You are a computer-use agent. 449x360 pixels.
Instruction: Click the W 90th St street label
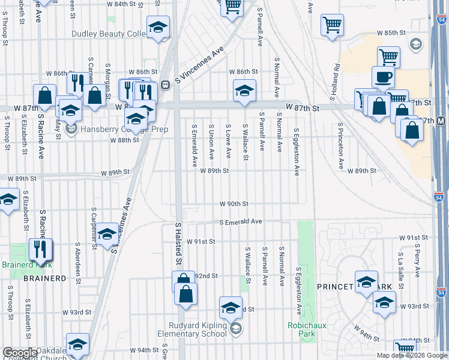tap(234, 204)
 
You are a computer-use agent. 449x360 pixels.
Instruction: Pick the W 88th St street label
tap(124, 140)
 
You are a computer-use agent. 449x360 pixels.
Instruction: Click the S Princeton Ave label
tap(340, 146)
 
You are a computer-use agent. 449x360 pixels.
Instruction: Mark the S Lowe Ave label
tap(229, 142)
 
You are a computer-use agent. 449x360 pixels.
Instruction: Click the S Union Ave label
tap(211, 142)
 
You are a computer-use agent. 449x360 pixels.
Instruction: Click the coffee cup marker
tap(384, 77)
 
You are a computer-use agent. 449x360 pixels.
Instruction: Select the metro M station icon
tap(441, 121)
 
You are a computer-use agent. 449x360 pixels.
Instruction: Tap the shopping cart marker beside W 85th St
tap(332, 25)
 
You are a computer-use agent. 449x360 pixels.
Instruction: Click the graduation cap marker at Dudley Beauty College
tap(158, 28)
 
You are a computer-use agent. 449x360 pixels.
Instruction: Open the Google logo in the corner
tap(20, 353)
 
